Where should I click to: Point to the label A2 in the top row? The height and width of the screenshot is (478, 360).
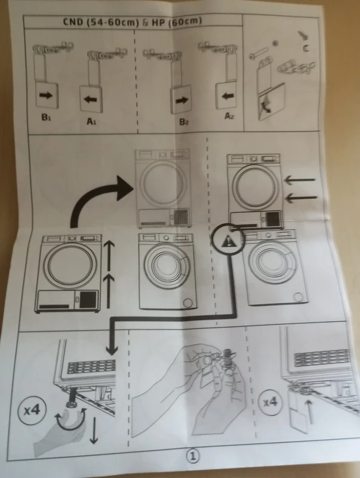(229, 117)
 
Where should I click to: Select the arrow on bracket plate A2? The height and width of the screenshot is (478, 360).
(226, 96)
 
